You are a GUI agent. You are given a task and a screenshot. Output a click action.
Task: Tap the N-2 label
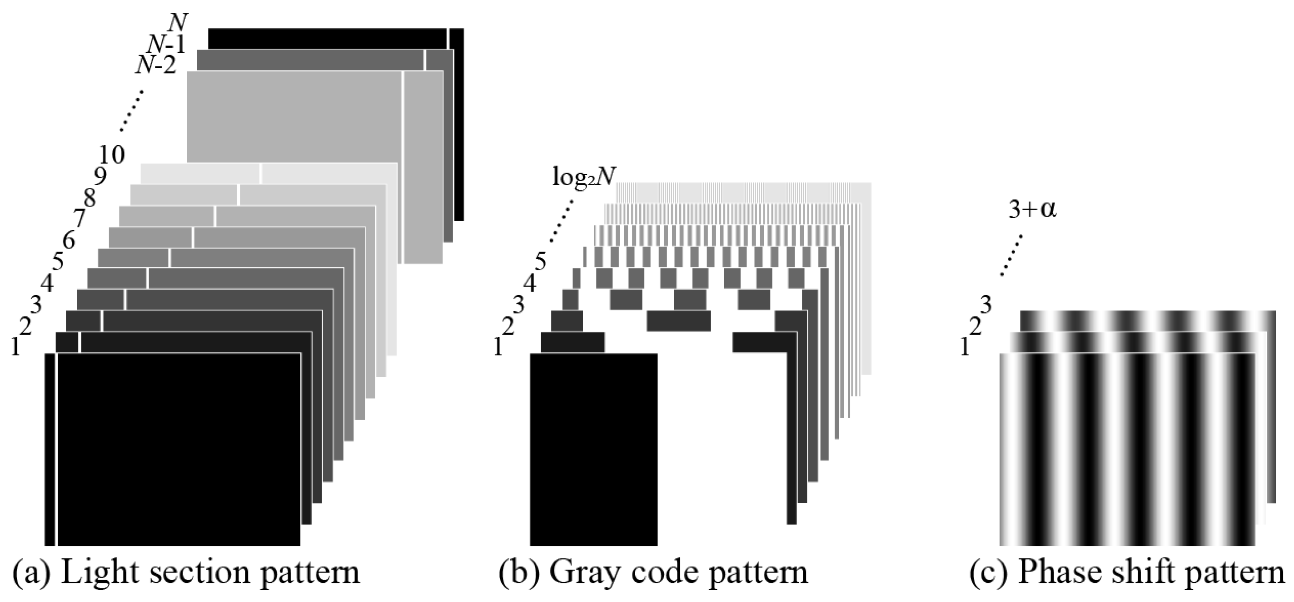pos(156,66)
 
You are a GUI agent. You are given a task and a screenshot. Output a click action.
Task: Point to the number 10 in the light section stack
pos(111,155)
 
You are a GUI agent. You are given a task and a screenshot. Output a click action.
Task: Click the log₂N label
pos(584,177)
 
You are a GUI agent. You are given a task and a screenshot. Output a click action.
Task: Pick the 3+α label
pos(1032,210)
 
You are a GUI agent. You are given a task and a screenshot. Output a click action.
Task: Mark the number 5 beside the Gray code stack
pos(541,262)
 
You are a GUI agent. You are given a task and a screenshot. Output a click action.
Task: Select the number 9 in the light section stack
pos(100,176)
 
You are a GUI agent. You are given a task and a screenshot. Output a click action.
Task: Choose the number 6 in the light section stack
pos(68,240)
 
